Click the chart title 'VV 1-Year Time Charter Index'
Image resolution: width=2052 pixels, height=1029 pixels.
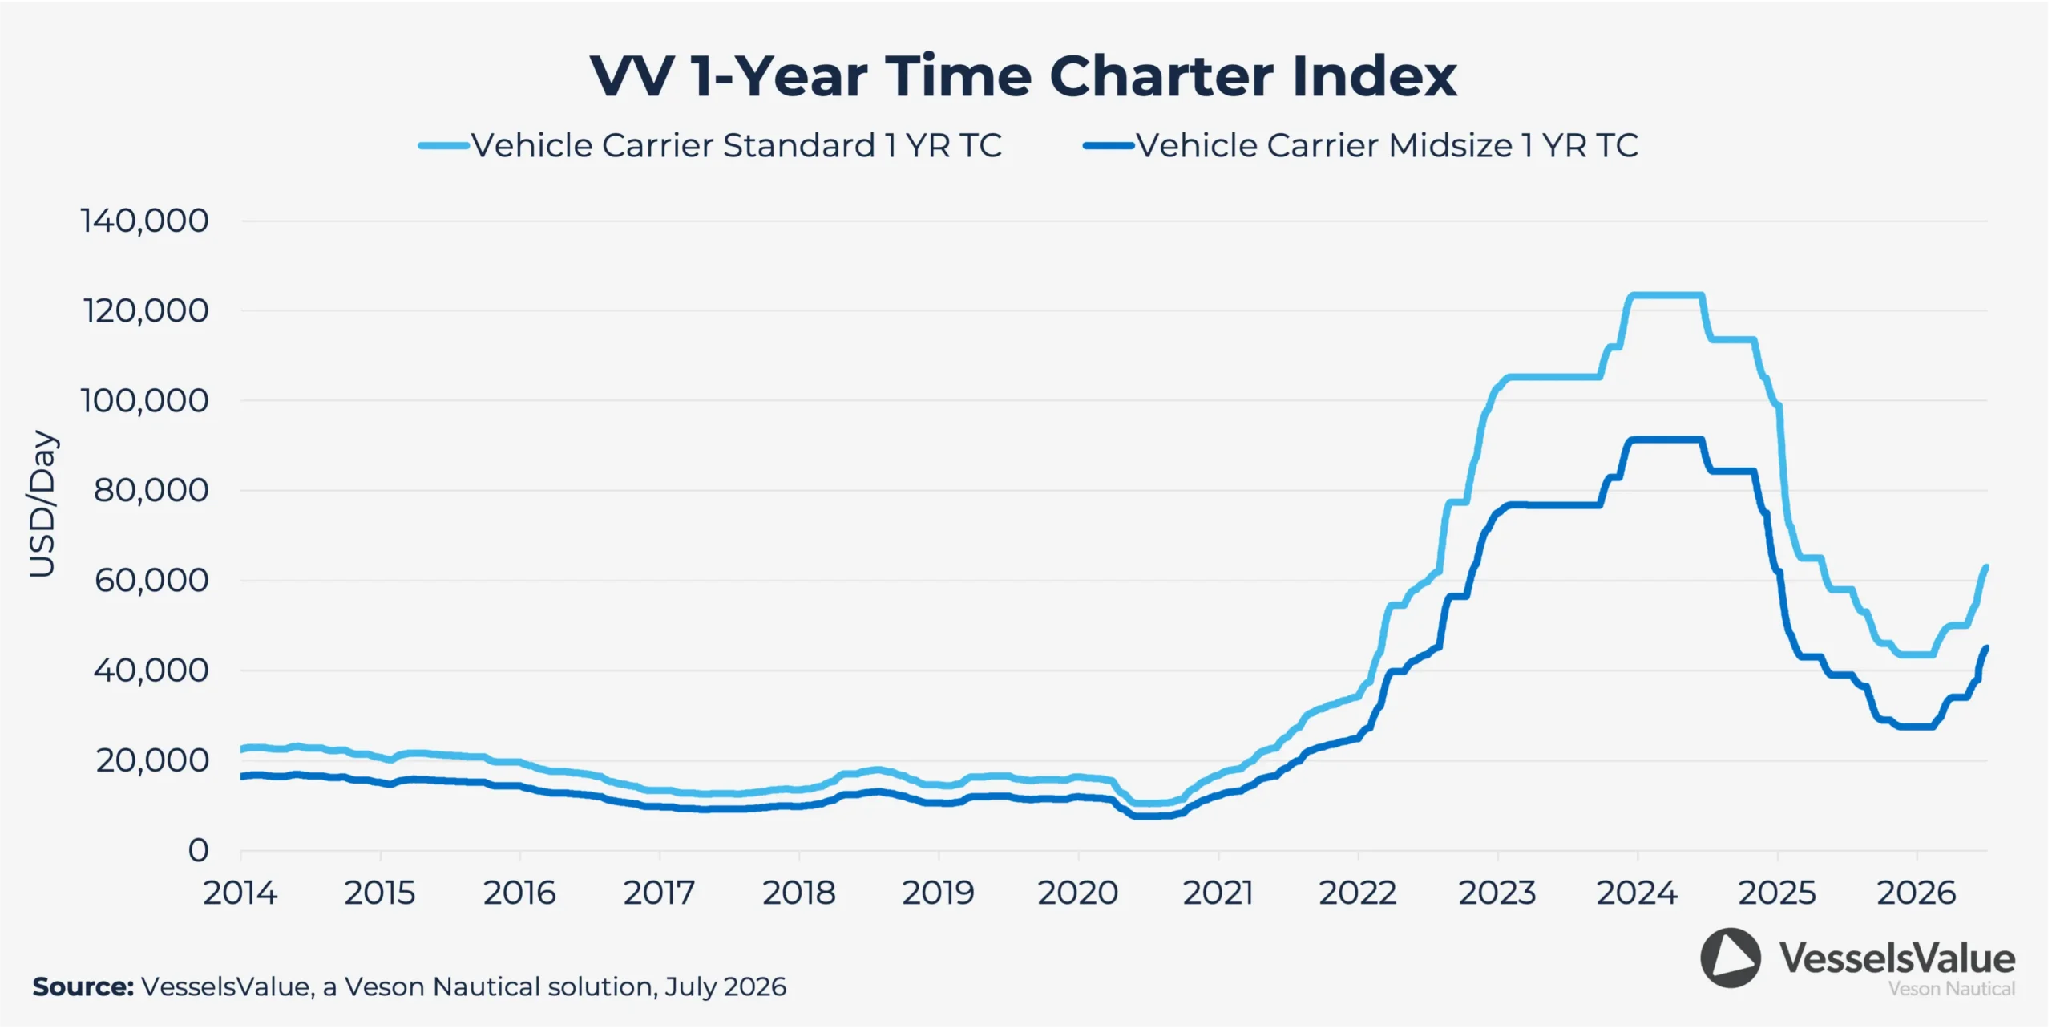click(x=1024, y=77)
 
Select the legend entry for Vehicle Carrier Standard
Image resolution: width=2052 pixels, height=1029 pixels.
click(x=710, y=146)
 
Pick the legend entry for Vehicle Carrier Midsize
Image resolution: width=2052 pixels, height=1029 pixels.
click(x=1361, y=146)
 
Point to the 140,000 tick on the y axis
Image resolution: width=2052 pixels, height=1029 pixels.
click(x=145, y=221)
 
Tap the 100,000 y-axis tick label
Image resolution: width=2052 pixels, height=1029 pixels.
click(x=145, y=400)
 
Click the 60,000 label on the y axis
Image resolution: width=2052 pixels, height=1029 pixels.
click(x=151, y=580)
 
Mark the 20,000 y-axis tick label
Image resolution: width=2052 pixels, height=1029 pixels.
click(x=152, y=760)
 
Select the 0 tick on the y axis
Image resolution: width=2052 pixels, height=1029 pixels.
click(x=199, y=850)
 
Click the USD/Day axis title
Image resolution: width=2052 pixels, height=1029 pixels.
click(x=42, y=504)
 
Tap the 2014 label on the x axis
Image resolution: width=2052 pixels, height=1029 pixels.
click(x=240, y=893)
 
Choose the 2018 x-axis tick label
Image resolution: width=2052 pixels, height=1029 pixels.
click(x=799, y=893)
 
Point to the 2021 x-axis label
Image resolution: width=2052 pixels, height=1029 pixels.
click(x=1218, y=893)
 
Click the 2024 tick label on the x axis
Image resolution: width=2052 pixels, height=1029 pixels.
click(x=1637, y=893)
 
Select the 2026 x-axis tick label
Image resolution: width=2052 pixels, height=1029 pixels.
click(x=1917, y=893)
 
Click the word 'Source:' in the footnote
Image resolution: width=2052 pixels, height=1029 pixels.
click(x=83, y=986)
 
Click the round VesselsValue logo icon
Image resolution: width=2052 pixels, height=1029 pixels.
click(x=1731, y=958)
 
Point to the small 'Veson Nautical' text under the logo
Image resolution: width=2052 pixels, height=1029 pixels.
click(x=1952, y=989)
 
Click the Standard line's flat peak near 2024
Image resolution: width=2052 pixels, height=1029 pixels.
click(x=1667, y=295)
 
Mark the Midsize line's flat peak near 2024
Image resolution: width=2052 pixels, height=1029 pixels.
click(x=1666, y=440)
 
